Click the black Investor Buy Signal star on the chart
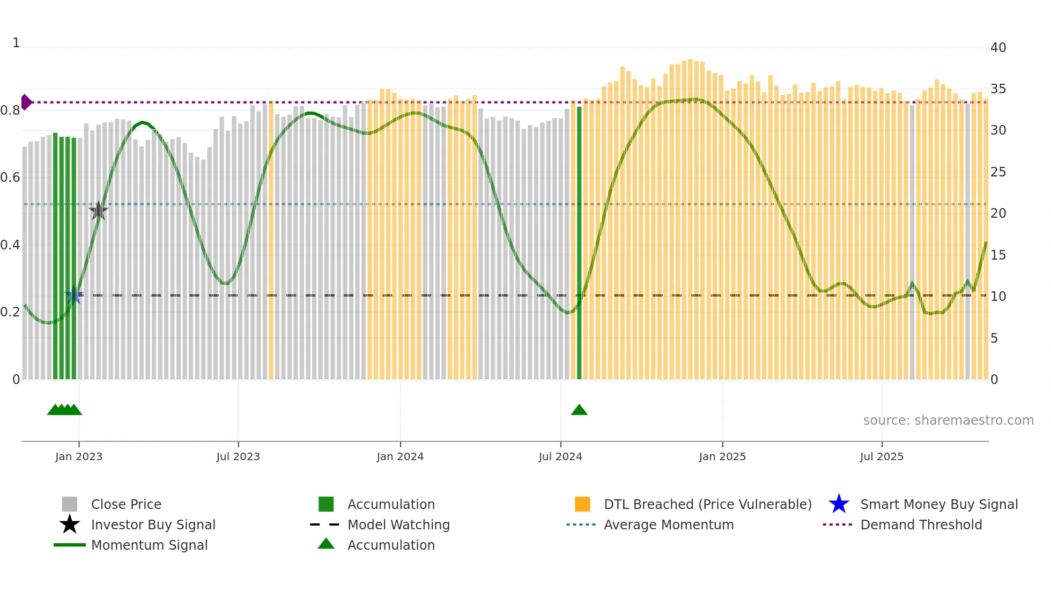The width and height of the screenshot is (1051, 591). (98, 211)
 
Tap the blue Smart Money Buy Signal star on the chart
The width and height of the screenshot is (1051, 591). (74, 295)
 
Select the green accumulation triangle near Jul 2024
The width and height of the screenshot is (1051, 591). (579, 410)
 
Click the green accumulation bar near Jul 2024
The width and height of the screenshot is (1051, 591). (579, 241)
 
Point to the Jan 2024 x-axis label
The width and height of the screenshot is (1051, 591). (400, 456)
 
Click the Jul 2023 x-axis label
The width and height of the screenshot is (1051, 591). (238, 456)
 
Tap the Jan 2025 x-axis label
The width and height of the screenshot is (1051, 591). (722, 456)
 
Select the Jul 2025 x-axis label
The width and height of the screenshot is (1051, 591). (882, 456)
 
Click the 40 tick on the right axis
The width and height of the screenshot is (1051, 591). (998, 48)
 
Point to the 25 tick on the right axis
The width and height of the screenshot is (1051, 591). (998, 172)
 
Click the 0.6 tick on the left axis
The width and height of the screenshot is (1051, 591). (10, 178)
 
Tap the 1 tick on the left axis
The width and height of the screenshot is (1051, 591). (16, 43)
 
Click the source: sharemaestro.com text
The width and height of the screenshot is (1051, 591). (948, 420)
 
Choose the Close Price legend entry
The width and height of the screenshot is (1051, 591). (125, 504)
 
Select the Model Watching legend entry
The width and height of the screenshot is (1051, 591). (398, 524)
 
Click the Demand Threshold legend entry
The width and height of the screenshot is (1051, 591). (921, 524)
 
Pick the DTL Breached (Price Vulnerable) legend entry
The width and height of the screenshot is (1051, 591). (707, 504)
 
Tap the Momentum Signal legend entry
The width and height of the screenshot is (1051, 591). (149, 545)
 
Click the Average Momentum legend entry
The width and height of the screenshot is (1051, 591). (668, 524)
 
